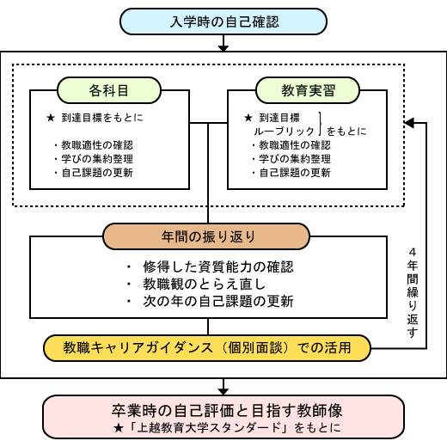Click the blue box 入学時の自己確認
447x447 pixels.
click(x=223, y=21)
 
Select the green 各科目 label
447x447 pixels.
click(x=109, y=90)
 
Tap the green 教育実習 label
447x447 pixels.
click(x=308, y=90)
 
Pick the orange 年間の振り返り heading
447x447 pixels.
click(x=206, y=236)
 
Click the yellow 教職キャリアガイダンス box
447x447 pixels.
click(x=207, y=348)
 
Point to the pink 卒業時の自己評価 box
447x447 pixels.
click(x=223, y=417)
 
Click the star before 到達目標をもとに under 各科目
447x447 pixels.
click(x=51, y=118)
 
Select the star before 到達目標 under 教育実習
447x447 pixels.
click(x=248, y=118)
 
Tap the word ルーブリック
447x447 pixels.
click(x=284, y=132)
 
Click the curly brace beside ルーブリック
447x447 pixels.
click(x=321, y=124)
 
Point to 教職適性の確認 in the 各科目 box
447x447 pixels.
click(x=97, y=145)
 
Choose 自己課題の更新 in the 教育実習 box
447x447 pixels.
click(x=295, y=173)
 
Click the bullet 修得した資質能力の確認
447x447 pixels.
click(x=218, y=266)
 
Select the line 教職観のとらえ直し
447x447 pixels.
click(x=205, y=284)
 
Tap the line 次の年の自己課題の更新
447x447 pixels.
click(x=218, y=301)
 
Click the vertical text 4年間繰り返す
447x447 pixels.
click(x=413, y=292)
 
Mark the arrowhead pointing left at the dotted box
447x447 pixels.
click(x=409, y=123)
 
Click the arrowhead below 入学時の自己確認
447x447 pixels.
click(x=223, y=48)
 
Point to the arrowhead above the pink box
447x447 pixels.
click(x=223, y=391)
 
